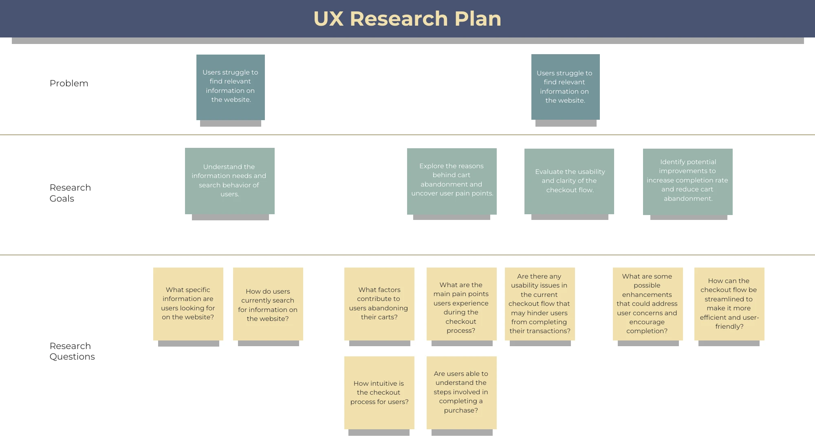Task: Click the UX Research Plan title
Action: [407, 19]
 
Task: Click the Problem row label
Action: [69, 83]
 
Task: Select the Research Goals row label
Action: [70, 193]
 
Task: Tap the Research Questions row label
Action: [72, 351]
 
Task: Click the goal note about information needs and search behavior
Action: [229, 181]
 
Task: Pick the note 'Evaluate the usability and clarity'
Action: [569, 181]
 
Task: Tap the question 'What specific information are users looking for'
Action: [188, 303]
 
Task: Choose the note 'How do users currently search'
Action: [268, 305]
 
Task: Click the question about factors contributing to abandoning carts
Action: [379, 303]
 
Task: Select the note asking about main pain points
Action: [461, 307]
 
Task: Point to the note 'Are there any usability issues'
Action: [540, 303]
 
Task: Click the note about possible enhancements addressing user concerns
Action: [647, 303]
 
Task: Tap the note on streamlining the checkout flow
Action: [729, 303]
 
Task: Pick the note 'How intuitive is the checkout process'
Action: [379, 393]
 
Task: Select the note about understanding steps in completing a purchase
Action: [461, 392]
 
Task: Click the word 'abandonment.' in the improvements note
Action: [688, 199]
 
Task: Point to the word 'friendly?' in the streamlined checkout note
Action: [729, 327]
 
